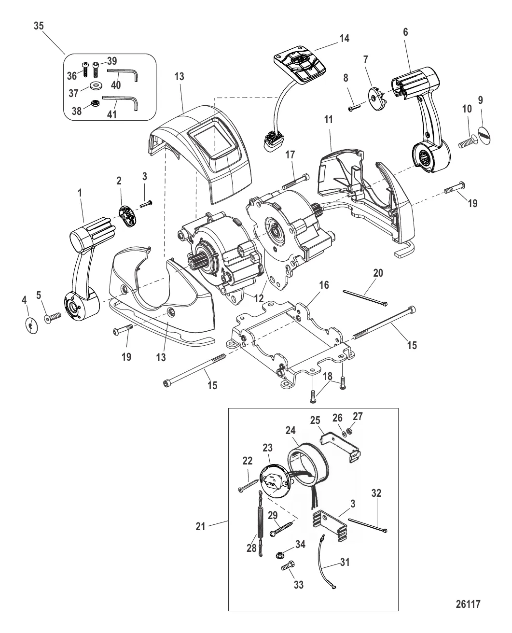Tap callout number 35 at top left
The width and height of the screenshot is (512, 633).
point(39,26)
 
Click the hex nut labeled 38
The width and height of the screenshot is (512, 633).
point(95,103)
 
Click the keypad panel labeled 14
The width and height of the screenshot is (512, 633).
point(299,69)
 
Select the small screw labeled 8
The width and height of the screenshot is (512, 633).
point(354,106)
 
